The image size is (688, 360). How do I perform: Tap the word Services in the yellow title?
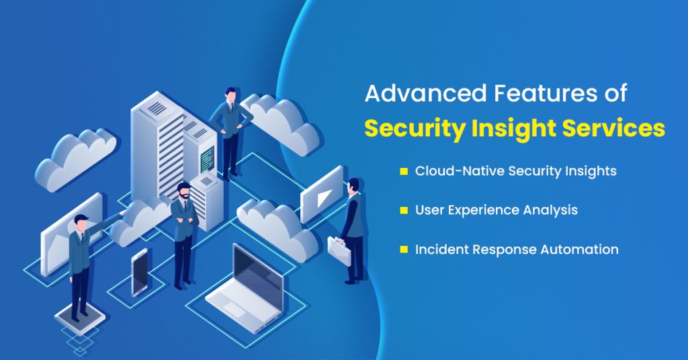click(x=617, y=128)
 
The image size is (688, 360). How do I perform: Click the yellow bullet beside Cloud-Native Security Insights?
click(x=404, y=171)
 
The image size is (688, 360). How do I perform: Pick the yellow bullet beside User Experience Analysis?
click(x=404, y=210)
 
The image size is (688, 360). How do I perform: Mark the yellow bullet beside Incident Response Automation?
click(x=404, y=249)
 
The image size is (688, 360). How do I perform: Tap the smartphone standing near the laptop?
click(x=140, y=271)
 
